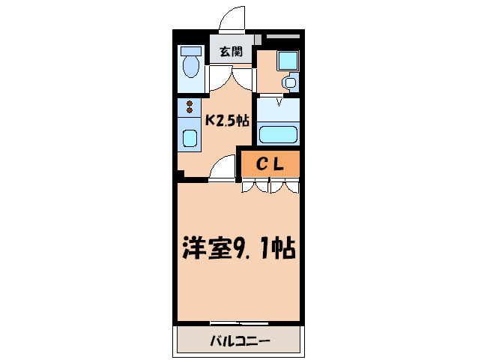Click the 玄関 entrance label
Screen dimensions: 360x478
232,52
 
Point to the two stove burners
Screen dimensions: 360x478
190,107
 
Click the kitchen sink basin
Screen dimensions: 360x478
190,139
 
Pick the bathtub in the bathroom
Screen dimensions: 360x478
279,136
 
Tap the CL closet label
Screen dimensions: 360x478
270,165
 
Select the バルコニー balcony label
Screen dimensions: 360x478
239,341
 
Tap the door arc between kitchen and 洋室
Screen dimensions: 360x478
223,170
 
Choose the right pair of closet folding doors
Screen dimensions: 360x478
285,186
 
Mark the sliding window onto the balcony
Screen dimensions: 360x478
239,323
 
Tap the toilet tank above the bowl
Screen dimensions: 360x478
191,52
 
